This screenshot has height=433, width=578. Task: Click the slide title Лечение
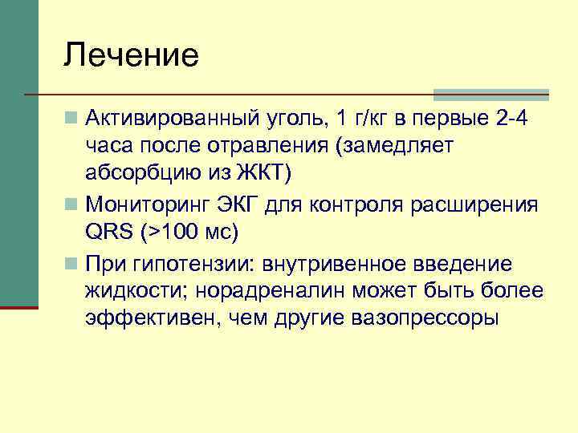132,56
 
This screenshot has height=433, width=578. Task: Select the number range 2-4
514,120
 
